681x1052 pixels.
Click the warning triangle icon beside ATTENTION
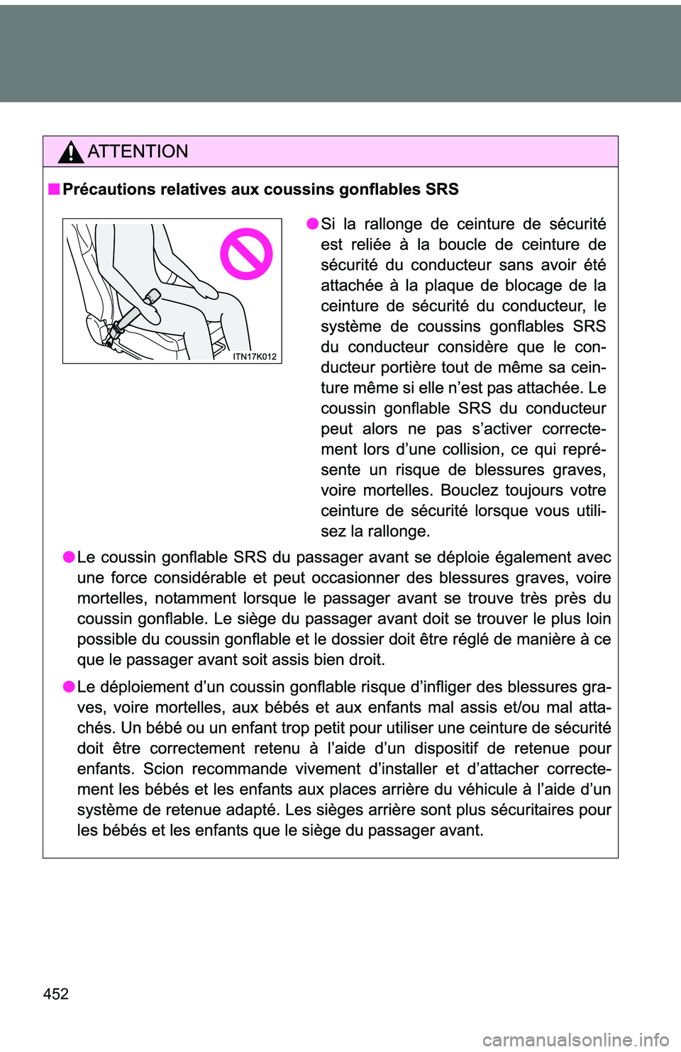coord(71,152)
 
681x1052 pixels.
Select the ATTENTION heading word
coord(138,152)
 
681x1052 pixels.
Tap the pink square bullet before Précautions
coord(54,189)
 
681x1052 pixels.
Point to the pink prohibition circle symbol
coord(246,254)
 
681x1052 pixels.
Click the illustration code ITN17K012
coord(255,357)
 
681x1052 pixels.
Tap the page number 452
coord(56,994)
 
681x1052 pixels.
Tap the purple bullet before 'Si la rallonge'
coord(312,224)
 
